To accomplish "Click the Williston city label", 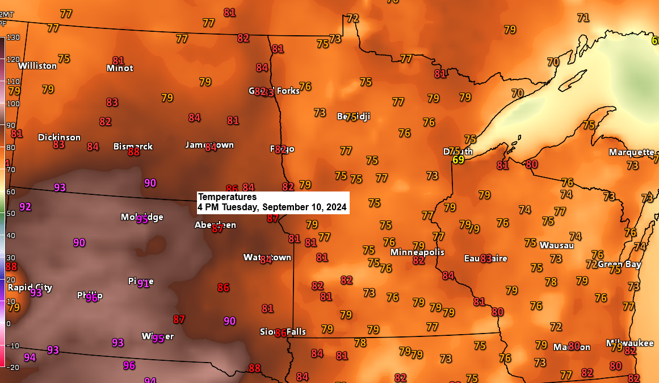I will click(x=37, y=65).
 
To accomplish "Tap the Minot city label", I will click(x=120, y=68).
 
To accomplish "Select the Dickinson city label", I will click(x=59, y=137).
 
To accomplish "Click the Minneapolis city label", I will click(x=417, y=252).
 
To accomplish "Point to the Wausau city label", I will click(x=556, y=245).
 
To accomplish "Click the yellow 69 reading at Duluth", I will click(x=458, y=160).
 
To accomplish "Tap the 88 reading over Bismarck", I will click(x=134, y=152).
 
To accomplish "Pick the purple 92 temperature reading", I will click(x=26, y=207).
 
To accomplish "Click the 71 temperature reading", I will click(x=583, y=18).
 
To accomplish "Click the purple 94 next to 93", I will click(x=30, y=357).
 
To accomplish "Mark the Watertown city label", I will click(x=267, y=257).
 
